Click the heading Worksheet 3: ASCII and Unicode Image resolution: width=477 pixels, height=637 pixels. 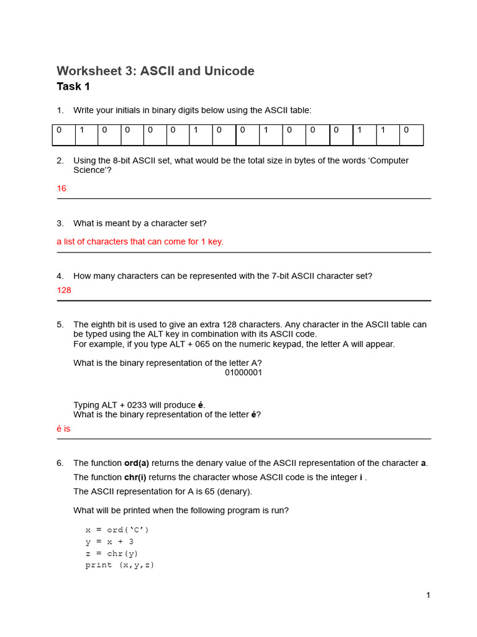pyautogui.click(x=155, y=71)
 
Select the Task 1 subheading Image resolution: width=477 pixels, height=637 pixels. pyautogui.click(x=73, y=86)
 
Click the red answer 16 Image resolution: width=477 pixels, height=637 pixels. pyautogui.click(x=61, y=188)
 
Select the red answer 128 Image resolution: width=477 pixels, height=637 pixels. pyautogui.click(x=64, y=291)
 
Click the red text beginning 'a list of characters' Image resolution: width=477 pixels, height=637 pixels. pyautogui.click(x=140, y=242)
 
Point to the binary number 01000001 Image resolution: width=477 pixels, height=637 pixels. pyautogui.click(x=243, y=373)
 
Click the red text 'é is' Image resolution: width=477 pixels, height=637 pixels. pyautogui.click(x=63, y=429)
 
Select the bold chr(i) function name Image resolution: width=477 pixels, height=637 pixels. pyautogui.click(x=136, y=477)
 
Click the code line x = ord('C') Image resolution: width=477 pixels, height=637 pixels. pyautogui.click(x=117, y=530)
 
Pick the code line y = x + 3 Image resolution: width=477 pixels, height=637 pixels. pyautogui.click(x=109, y=542)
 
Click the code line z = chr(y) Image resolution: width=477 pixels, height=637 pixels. pyautogui.click(x=112, y=554)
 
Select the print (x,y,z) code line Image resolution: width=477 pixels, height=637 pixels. pyautogui.click(x=120, y=565)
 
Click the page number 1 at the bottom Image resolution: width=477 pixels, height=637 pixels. pyautogui.click(x=428, y=595)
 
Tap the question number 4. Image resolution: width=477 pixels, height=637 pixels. pyautogui.click(x=60, y=276)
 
